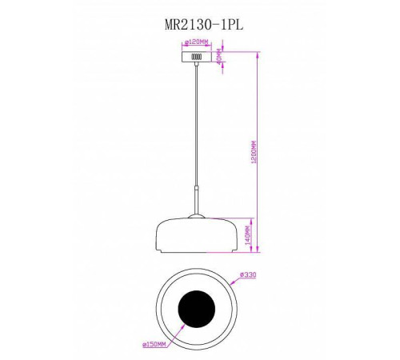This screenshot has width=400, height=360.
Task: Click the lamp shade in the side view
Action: tap(196, 234)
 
